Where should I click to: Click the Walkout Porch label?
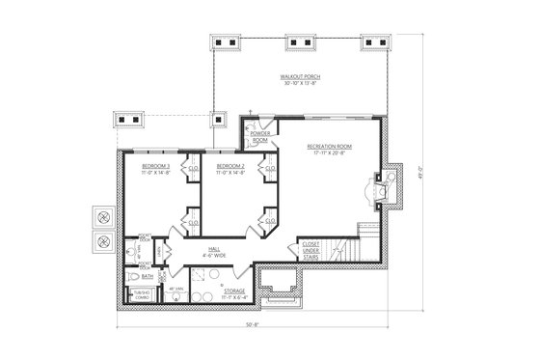coord(300,79)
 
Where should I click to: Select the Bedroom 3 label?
coord(155,169)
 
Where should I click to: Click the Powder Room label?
coord(259,137)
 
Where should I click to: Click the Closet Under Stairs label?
coord(310,249)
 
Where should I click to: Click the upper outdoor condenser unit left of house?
coord(100,216)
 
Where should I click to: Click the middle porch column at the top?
coord(299,43)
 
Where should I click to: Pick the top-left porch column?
coord(229,43)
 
